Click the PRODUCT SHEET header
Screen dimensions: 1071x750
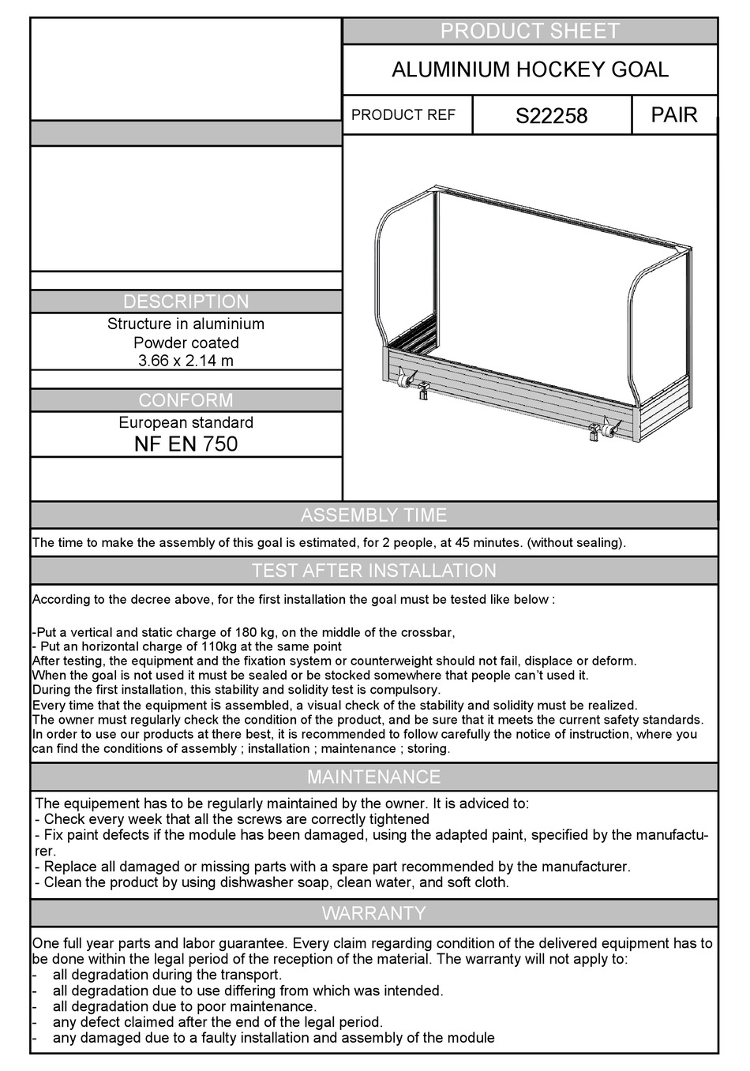[x=530, y=31]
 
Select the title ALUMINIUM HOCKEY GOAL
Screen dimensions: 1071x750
[x=530, y=69]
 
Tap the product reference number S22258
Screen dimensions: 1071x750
[x=551, y=116]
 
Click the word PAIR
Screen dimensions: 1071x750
[x=674, y=115]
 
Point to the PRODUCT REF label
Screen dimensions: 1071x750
[x=403, y=115]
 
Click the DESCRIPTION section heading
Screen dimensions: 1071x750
[x=186, y=301]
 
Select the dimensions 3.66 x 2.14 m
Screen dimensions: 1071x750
[x=186, y=361]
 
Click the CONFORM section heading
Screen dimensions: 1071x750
[x=186, y=400]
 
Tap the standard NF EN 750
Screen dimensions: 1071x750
[x=186, y=444]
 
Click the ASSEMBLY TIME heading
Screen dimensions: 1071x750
[x=373, y=515]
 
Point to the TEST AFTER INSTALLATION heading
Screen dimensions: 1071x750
[x=373, y=571]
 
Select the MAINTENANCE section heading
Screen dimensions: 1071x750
[x=373, y=777]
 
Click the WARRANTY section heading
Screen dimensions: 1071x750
[x=373, y=913]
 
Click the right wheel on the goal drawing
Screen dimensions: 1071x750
[x=608, y=430]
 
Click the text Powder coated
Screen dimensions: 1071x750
[x=186, y=343]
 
